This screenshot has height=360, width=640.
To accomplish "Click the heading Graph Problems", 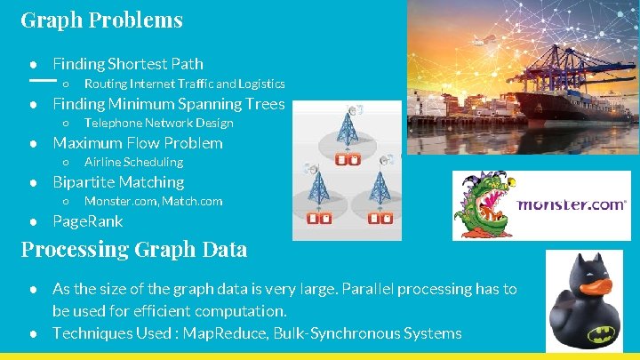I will pos(101,20).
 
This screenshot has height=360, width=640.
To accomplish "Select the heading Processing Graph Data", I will pos(133,249).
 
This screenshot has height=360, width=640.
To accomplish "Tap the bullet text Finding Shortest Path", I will pos(128,64).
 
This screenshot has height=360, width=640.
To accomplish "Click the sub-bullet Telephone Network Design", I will pos(158,124).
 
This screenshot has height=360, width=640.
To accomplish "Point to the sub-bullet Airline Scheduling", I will pos(133,163).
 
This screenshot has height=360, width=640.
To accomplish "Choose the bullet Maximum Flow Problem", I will pos(138,143).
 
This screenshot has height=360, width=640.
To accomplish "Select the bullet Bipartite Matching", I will pos(118,182).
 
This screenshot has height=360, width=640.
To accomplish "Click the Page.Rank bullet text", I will pos(88,221).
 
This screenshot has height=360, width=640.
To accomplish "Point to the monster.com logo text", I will pos(571,204).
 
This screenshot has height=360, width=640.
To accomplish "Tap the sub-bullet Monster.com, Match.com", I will pos(153,202).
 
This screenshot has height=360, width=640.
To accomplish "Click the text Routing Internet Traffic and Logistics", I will pos(184,84).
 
